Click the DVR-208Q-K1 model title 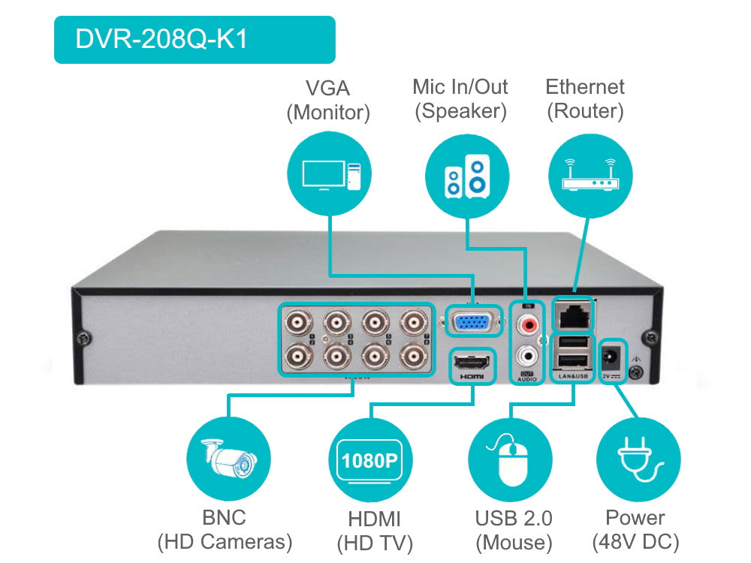coord(161,39)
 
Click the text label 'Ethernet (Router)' coord(585,99)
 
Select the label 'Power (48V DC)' coord(635,529)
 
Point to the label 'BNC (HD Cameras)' coord(224,529)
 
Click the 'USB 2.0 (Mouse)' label coord(514,529)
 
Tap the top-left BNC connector coord(300,324)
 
